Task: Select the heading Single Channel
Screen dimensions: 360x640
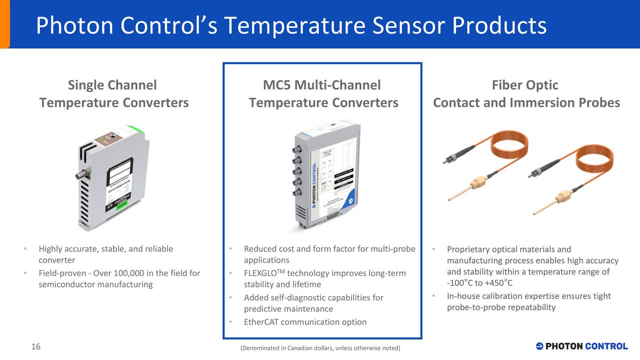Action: click(112, 85)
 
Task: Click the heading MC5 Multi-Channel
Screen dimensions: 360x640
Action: click(321, 85)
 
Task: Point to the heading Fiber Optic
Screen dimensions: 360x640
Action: click(525, 85)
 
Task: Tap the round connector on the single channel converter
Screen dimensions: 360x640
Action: click(80, 175)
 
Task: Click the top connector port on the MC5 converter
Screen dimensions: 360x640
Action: click(296, 149)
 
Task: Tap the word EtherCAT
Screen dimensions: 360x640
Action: click(261, 321)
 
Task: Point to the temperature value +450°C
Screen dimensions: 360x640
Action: click(498, 283)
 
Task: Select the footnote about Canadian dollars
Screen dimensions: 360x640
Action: click(320, 348)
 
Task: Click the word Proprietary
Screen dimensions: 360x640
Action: click(468, 249)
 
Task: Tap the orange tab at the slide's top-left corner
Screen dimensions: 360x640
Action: click(4, 24)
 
